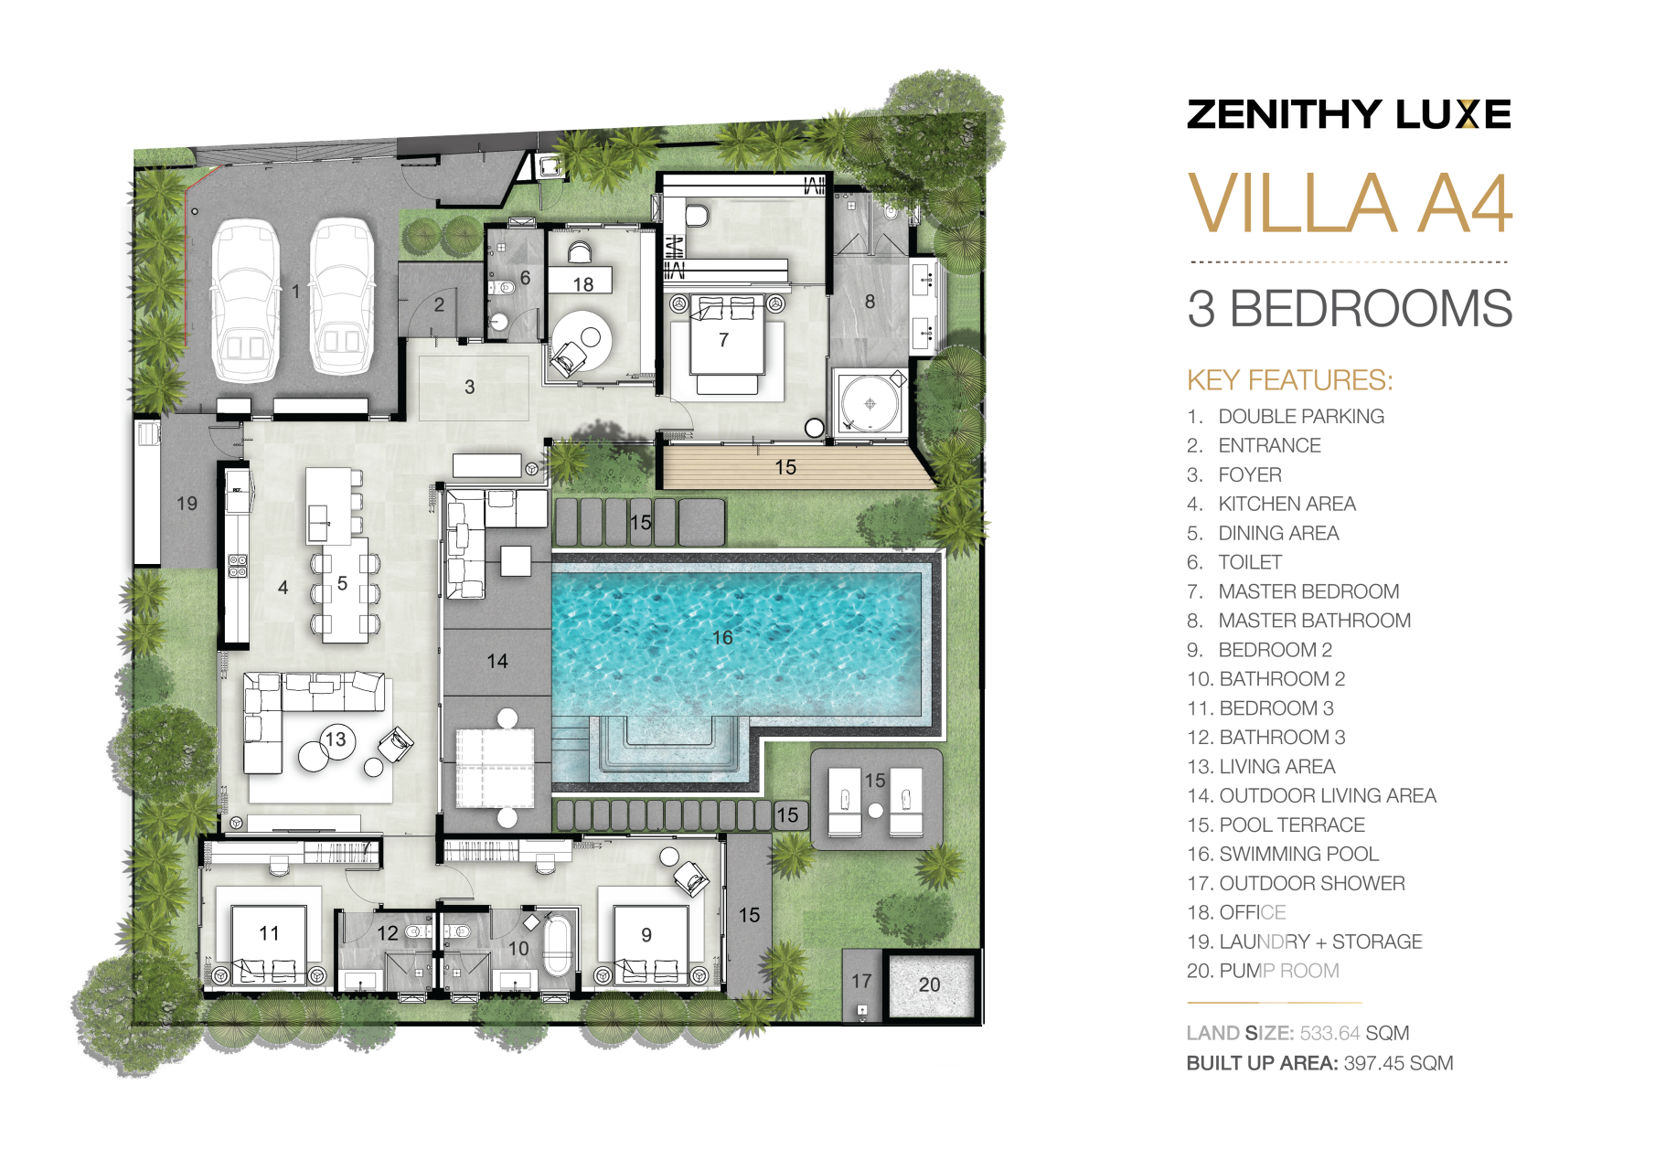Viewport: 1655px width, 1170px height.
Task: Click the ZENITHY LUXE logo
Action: point(1349,114)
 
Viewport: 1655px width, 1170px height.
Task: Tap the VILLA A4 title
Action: point(1350,204)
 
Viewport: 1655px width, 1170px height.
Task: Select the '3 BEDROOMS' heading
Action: point(1350,309)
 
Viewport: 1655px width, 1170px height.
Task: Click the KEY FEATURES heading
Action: point(1289,380)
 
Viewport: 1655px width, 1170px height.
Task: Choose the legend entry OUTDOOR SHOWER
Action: point(1312,883)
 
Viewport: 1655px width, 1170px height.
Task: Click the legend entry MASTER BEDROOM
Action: point(1308,591)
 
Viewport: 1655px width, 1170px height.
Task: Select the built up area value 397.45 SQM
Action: point(1398,1063)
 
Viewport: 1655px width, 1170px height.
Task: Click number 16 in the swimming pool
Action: point(722,637)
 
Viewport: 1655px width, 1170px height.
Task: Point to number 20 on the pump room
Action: point(929,984)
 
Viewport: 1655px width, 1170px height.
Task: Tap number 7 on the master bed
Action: point(723,340)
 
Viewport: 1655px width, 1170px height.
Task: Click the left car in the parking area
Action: point(245,301)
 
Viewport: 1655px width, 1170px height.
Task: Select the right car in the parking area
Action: point(342,296)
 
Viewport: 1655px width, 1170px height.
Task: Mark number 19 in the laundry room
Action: point(187,504)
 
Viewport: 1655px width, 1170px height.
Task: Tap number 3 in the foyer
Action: point(469,387)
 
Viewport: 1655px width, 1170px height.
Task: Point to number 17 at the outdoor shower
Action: point(861,981)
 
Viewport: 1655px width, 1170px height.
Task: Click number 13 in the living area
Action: point(336,739)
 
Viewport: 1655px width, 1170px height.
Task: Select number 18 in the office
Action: point(582,284)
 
